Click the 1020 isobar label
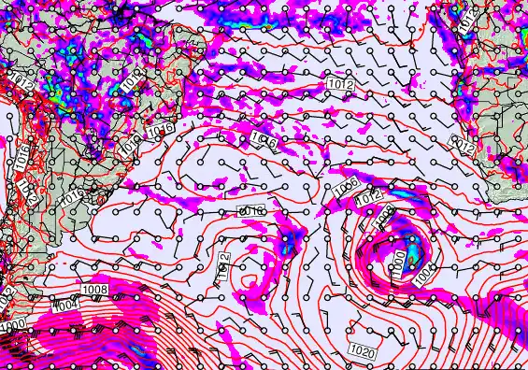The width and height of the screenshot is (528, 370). pyautogui.click(x=365, y=350)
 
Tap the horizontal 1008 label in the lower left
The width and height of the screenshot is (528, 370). pyautogui.click(x=94, y=290)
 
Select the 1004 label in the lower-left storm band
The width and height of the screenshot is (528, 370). pyautogui.click(x=64, y=306)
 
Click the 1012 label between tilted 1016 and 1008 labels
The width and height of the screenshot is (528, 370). pyautogui.click(x=368, y=197)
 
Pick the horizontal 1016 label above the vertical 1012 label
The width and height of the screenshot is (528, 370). pyautogui.click(x=251, y=213)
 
